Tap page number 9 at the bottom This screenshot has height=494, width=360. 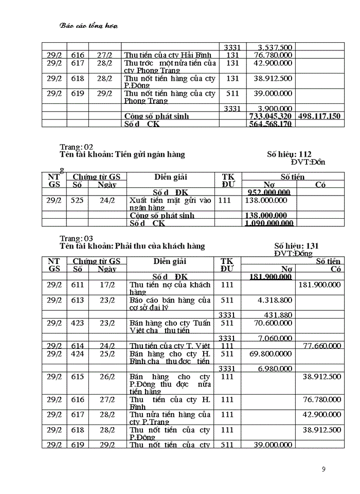coord(323,469)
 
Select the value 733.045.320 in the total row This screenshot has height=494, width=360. coord(270,116)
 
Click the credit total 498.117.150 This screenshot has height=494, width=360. coord(319,116)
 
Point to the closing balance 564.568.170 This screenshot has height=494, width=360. coord(271,125)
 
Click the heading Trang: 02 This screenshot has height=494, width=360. coord(77,147)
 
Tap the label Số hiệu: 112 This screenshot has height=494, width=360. coord(290,154)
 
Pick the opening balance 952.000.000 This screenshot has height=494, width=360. coord(269,192)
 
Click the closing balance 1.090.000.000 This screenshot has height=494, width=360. coord(269,223)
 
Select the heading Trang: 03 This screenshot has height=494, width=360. coord(77,239)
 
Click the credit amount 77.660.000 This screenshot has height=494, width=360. coord(319,346)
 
